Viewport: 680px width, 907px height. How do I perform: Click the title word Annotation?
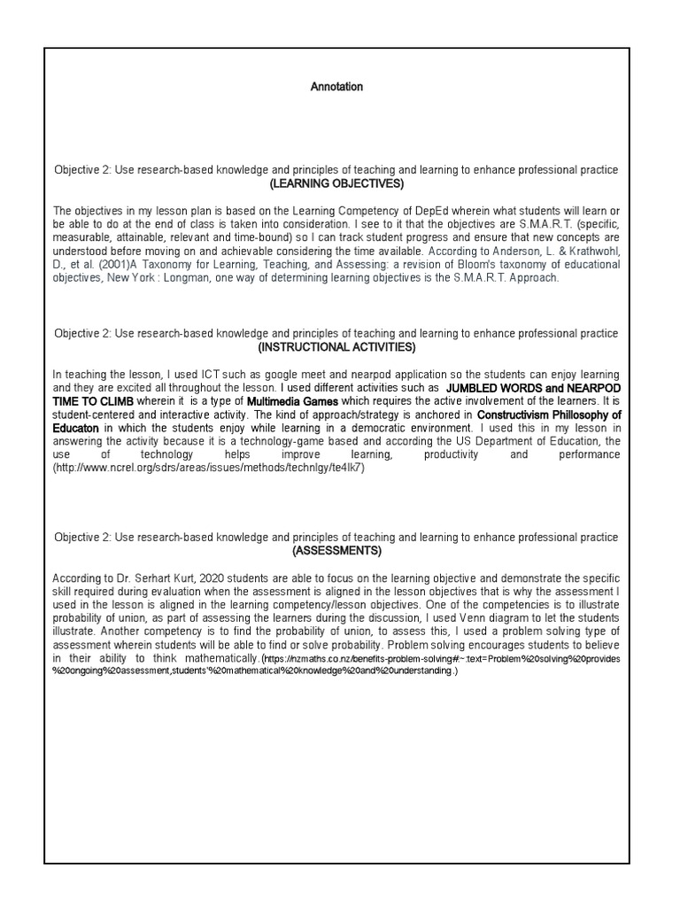point(336,87)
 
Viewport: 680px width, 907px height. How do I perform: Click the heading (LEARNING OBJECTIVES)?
point(336,183)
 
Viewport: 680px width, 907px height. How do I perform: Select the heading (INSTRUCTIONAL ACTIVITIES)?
point(336,346)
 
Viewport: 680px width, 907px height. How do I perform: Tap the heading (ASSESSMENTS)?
point(336,551)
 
